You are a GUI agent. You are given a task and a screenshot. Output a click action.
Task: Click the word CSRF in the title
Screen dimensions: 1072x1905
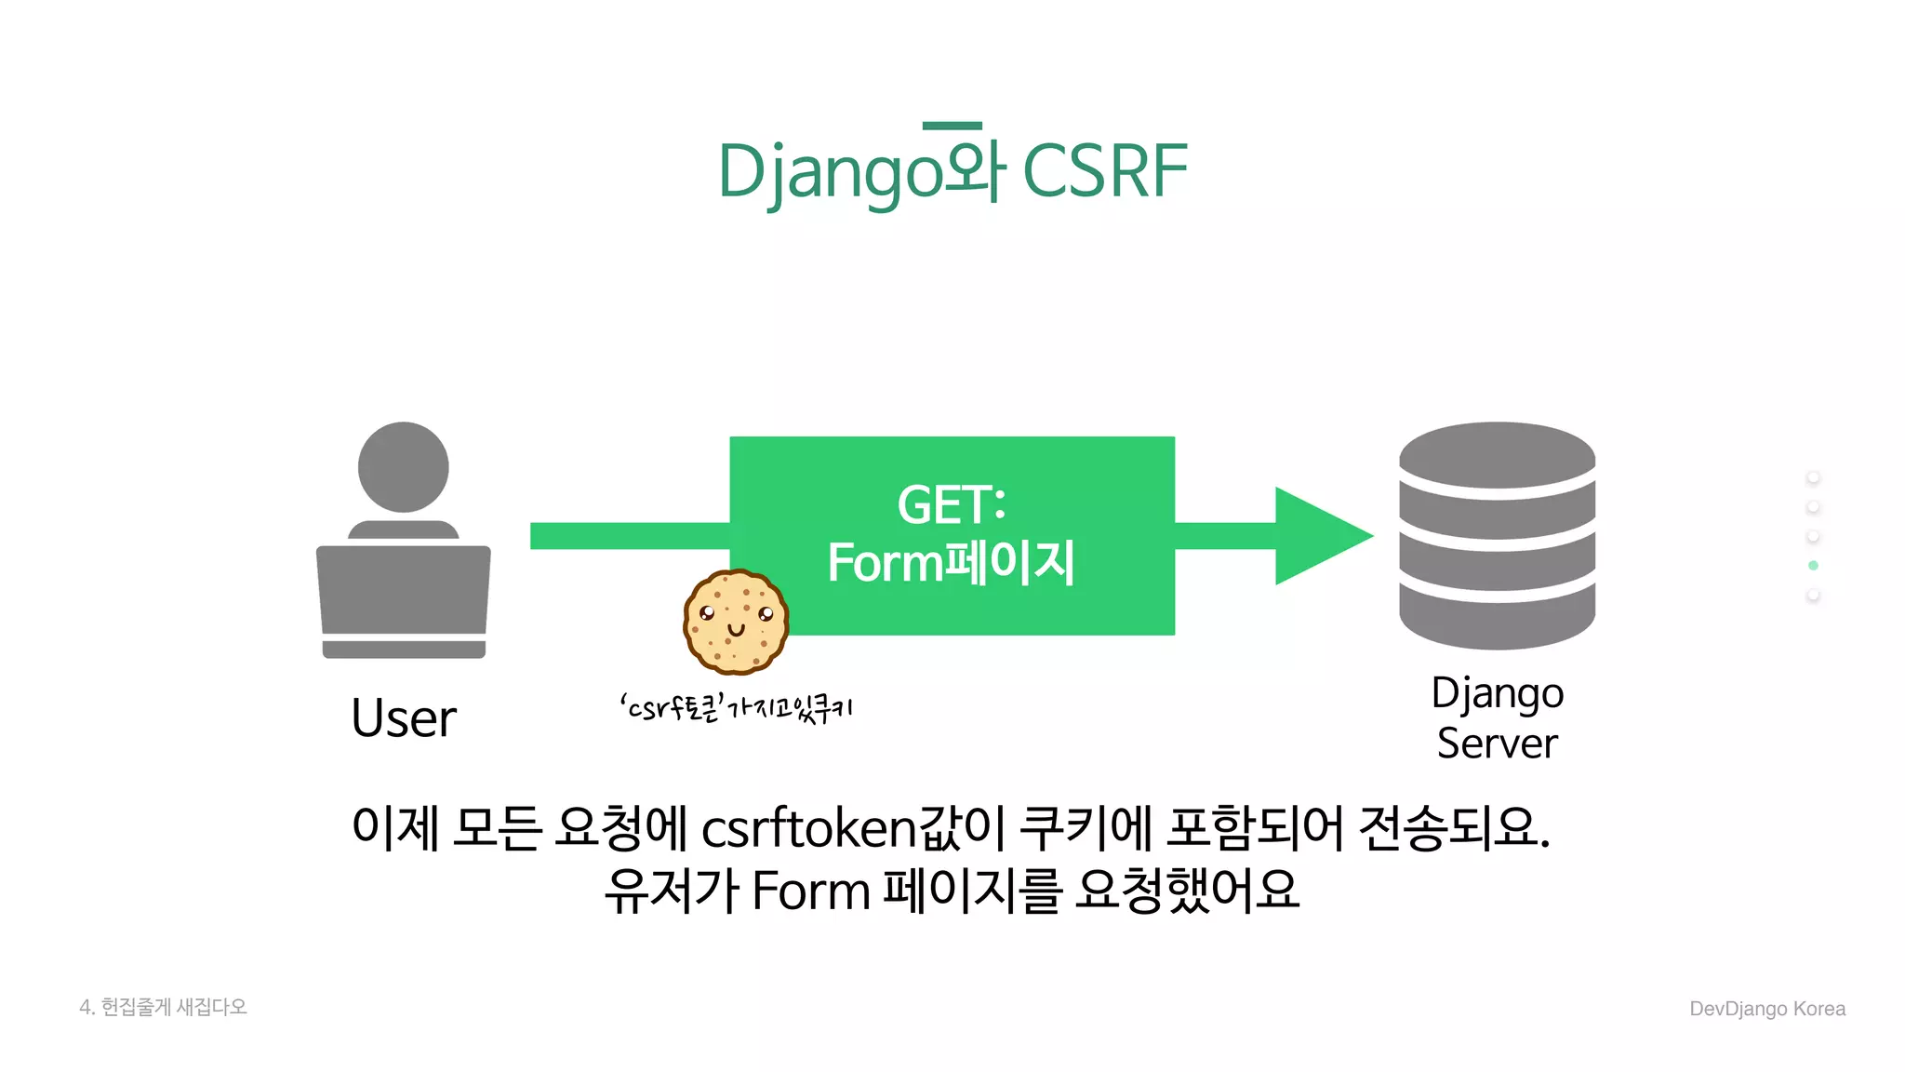point(1105,171)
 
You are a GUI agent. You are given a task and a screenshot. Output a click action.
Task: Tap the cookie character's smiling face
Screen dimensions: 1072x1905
point(736,621)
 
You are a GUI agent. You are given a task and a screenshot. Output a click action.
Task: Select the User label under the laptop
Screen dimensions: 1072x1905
point(404,718)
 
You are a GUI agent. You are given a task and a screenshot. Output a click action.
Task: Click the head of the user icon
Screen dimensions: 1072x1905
point(404,466)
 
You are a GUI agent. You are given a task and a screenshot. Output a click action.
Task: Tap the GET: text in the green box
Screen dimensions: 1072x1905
point(951,504)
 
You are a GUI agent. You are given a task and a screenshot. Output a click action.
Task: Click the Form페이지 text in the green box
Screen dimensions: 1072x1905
point(951,563)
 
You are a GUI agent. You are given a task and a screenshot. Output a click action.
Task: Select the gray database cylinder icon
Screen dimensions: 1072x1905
point(1497,535)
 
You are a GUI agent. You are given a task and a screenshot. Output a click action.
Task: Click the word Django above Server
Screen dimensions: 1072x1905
point(1497,693)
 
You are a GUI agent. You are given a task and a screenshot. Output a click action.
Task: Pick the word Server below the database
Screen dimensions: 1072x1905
point(1497,744)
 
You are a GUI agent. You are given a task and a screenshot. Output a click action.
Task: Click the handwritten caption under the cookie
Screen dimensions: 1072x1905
point(736,709)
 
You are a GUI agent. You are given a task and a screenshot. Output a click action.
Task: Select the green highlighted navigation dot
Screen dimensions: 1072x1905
point(1813,566)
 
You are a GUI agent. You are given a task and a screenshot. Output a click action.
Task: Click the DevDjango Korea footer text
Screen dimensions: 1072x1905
point(1766,1009)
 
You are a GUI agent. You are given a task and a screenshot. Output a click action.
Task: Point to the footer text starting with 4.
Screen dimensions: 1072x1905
point(164,1007)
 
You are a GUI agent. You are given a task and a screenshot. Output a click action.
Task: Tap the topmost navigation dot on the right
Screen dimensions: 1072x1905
point(1813,477)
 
